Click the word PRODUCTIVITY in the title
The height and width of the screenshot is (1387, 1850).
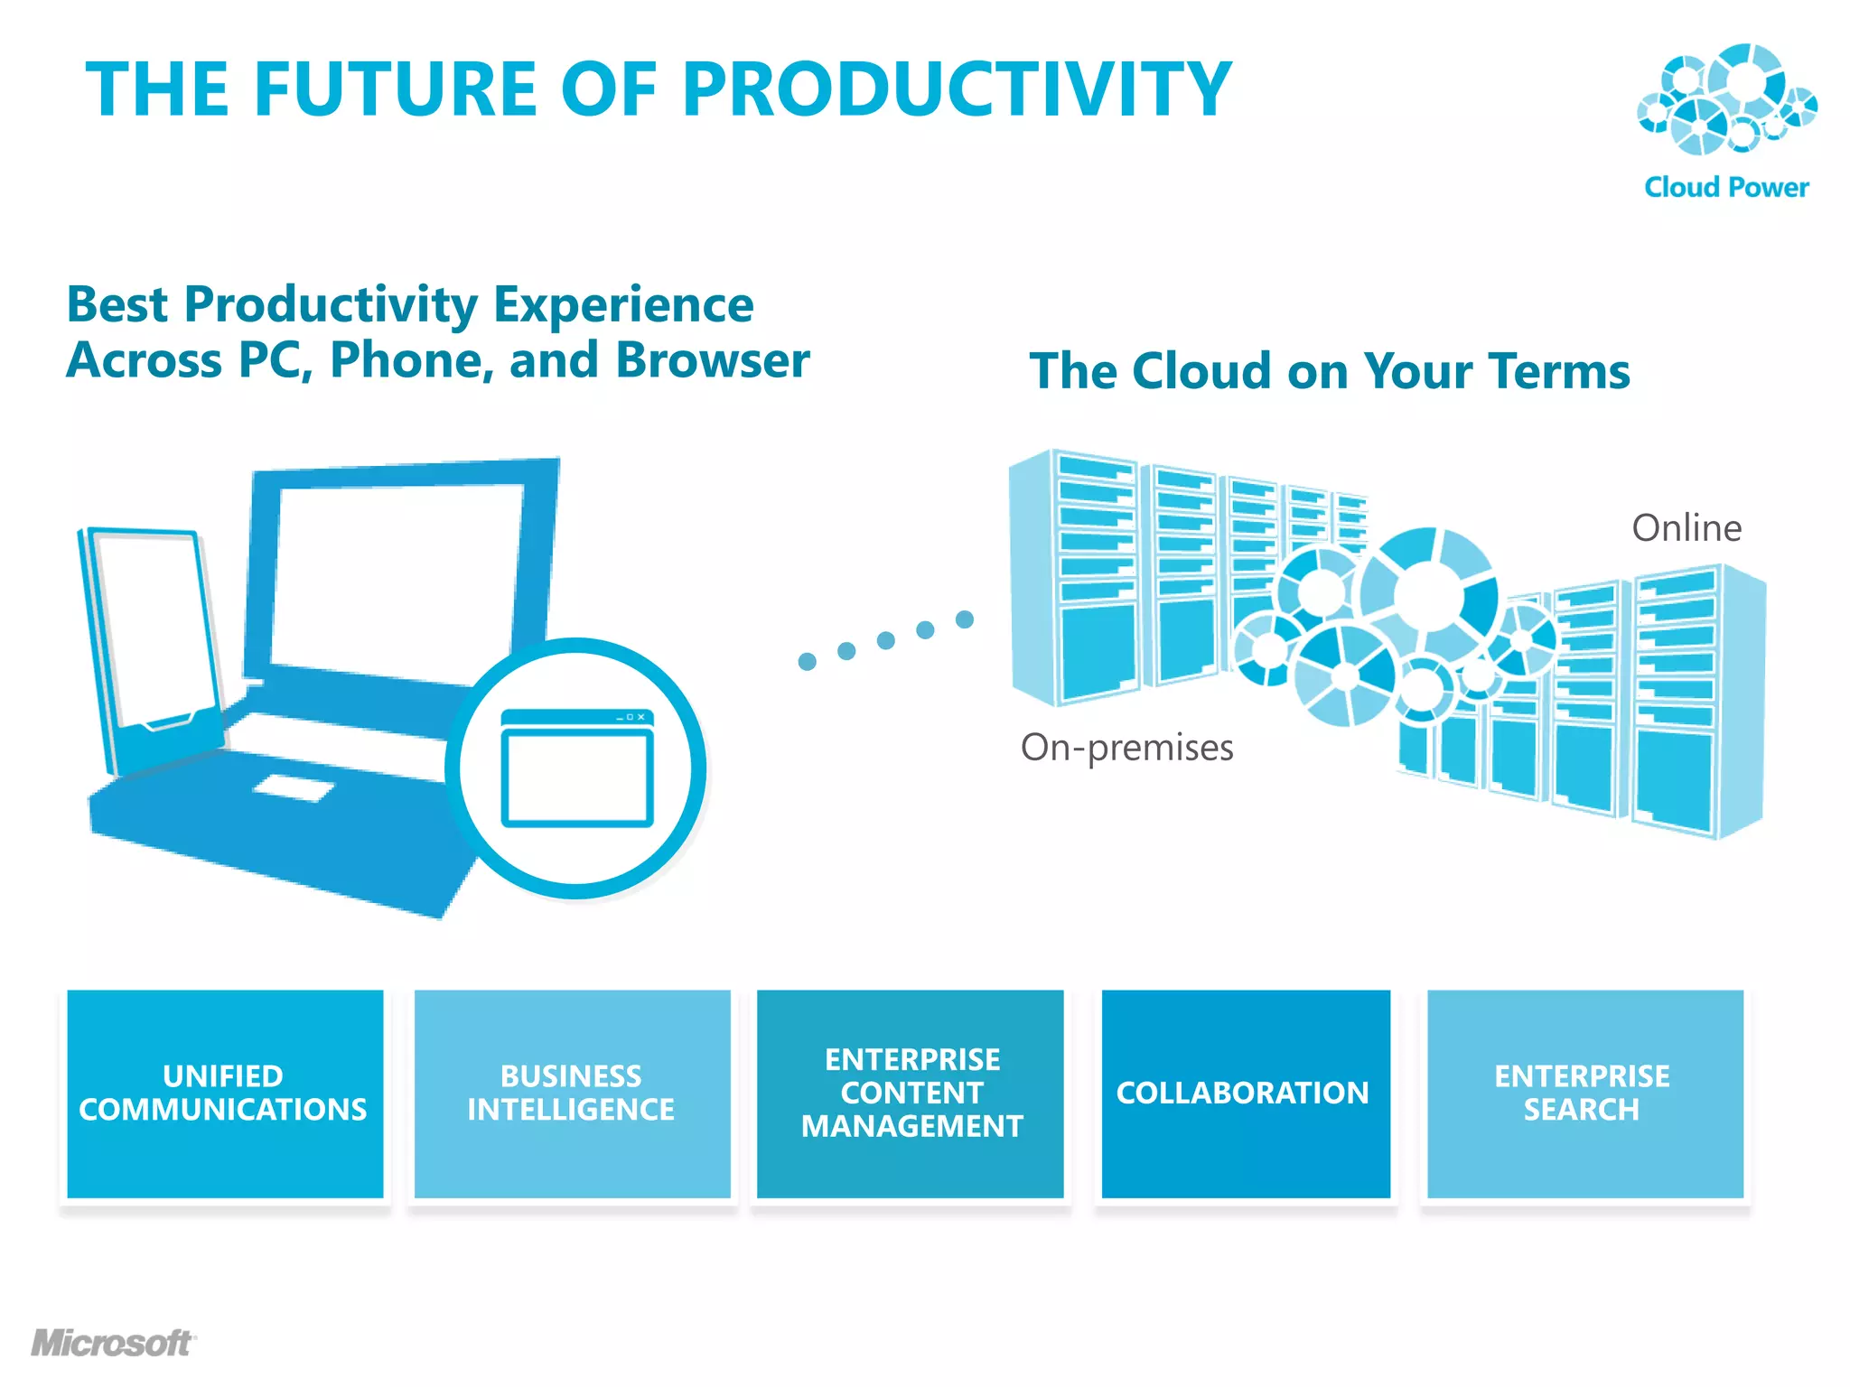point(957,88)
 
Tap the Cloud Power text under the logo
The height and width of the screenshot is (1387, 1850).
point(1726,187)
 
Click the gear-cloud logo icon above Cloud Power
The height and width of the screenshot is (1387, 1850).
point(1726,99)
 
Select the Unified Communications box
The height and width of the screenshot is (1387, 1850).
point(225,1094)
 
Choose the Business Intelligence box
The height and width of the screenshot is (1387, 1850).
point(572,1094)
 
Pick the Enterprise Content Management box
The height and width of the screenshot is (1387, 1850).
point(911,1094)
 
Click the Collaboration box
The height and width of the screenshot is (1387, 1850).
point(1246,1094)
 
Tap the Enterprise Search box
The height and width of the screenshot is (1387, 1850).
point(1584,1094)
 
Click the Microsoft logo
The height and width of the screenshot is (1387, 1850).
point(113,1343)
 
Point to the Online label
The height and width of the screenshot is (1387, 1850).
point(1686,528)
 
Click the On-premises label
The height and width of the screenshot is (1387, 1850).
point(1126,748)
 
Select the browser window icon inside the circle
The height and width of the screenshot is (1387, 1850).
point(577,768)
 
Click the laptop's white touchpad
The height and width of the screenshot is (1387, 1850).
point(293,788)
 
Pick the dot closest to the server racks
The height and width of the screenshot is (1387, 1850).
point(965,619)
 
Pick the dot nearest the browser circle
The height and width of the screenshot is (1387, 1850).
point(808,662)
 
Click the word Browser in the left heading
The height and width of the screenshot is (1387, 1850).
point(712,360)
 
